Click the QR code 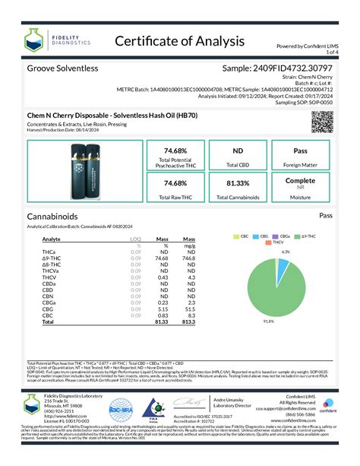[x=323, y=122]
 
